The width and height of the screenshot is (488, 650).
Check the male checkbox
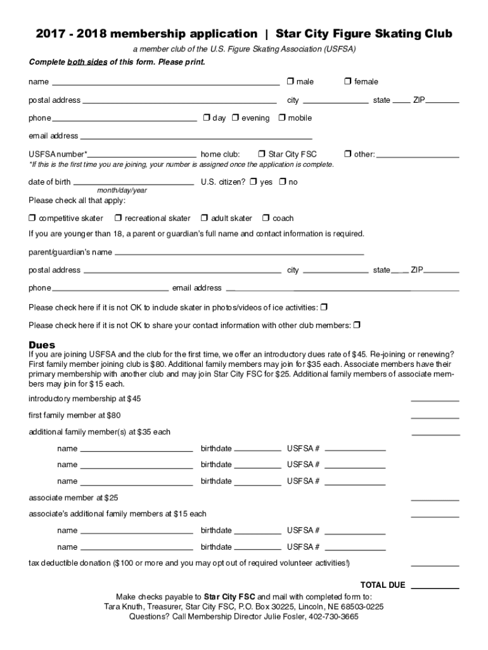point(290,81)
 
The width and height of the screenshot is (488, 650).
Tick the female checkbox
point(348,81)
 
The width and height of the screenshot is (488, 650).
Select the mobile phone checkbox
point(282,117)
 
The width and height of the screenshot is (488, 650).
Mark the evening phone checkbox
point(235,117)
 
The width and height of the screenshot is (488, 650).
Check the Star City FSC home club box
point(262,154)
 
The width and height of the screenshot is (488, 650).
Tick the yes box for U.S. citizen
point(253,182)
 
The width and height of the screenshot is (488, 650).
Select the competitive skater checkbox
point(32,218)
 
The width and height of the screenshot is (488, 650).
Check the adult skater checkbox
point(204,218)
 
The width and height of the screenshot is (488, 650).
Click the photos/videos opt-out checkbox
point(324,307)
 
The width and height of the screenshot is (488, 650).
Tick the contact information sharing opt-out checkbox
point(356,325)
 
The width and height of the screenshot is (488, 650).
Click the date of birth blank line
point(133,184)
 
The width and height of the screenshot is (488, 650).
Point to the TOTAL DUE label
point(382,585)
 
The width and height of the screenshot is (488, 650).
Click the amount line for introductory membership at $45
point(435,401)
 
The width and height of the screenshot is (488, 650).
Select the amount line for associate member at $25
point(435,500)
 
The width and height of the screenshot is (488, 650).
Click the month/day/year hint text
point(122,190)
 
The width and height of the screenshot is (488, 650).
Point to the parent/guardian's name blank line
point(239,254)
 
